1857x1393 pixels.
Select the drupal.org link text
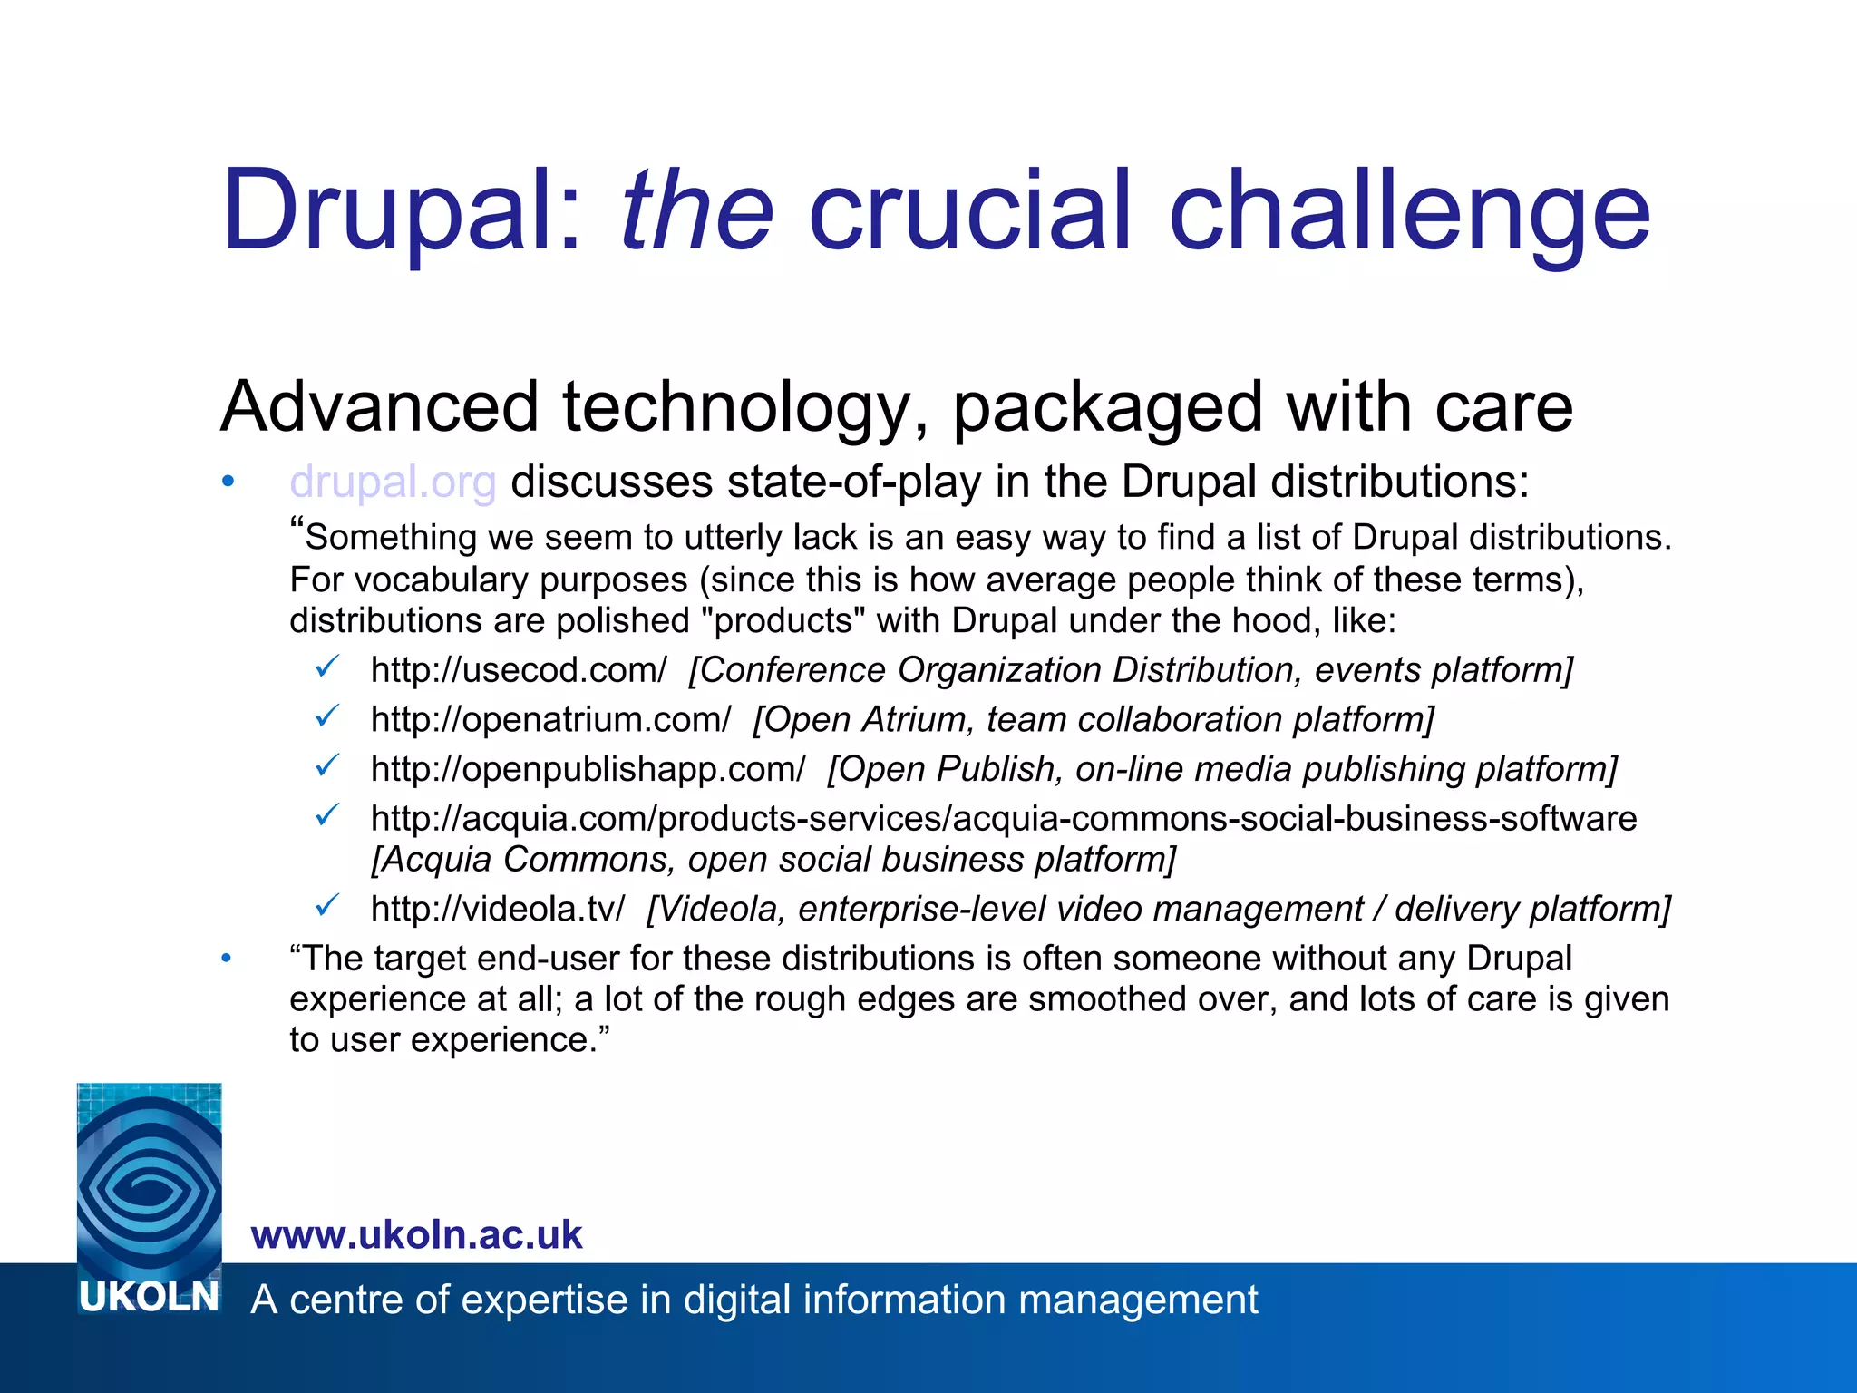tap(393, 482)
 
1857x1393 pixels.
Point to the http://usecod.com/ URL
tap(519, 670)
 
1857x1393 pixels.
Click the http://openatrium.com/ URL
tap(550, 719)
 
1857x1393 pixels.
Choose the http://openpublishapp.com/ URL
tap(588, 769)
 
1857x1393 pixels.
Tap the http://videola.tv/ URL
tap(498, 909)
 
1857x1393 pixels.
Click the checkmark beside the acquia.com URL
tap(327, 815)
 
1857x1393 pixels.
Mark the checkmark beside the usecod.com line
tap(327, 667)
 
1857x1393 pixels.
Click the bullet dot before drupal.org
tap(228, 482)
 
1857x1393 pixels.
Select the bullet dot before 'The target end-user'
tap(228, 958)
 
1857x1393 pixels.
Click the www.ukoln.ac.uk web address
tap(416, 1235)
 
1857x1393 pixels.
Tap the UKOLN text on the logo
tap(150, 1298)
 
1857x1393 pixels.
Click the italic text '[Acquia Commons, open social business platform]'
tap(773, 859)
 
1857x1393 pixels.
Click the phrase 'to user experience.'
tap(449, 1039)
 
